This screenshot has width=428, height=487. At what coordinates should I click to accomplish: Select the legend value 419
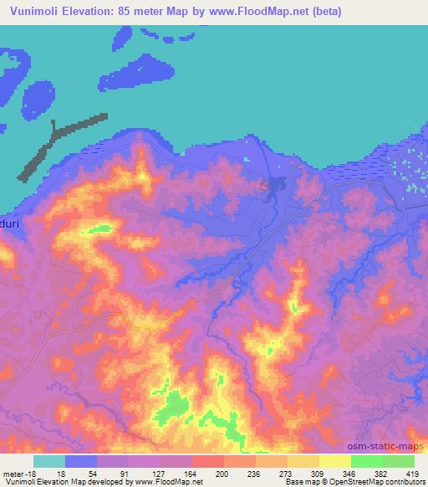(x=412, y=473)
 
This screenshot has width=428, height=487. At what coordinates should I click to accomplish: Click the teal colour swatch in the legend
(x=49, y=461)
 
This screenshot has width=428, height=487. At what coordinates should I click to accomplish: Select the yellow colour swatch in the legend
(x=335, y=461)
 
